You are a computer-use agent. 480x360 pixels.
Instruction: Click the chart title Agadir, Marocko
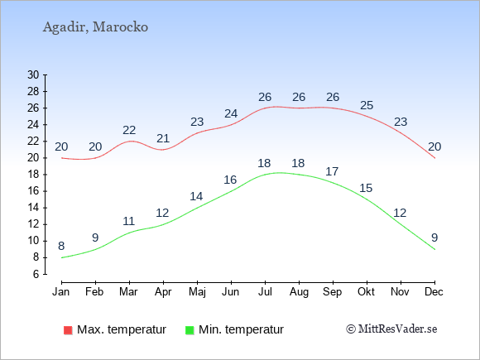[95, 27]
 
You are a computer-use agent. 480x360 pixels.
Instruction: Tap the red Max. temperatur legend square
[68, 330]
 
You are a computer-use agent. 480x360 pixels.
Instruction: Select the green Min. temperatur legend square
[190, 330]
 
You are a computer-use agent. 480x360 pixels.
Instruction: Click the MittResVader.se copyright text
[391, 329]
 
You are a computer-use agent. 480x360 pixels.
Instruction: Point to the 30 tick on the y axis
[33, 74]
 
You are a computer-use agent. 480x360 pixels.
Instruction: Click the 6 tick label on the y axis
[36, 274]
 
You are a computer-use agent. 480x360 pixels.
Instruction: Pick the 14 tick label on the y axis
[33, 208]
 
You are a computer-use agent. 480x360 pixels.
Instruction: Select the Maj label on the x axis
[197, 292]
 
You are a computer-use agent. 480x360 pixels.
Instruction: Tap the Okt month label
[366, 292]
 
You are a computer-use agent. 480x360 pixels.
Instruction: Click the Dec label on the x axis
[434, 292]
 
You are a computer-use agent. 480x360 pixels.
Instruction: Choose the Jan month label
[61, 292]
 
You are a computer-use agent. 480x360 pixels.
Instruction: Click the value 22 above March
[129, 131]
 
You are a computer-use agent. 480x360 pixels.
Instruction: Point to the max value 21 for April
[163, 139]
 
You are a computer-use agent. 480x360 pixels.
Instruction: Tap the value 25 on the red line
[367, 106]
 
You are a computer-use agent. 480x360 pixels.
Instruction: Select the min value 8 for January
[61, 246]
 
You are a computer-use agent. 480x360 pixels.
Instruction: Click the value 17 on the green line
[332, 172]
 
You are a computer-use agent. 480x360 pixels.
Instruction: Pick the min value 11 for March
[128, 221]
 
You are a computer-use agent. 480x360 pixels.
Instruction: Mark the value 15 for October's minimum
[366, 188]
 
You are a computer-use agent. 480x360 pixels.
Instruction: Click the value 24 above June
[231, 114]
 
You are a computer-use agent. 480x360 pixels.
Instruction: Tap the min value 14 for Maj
[196, 196]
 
